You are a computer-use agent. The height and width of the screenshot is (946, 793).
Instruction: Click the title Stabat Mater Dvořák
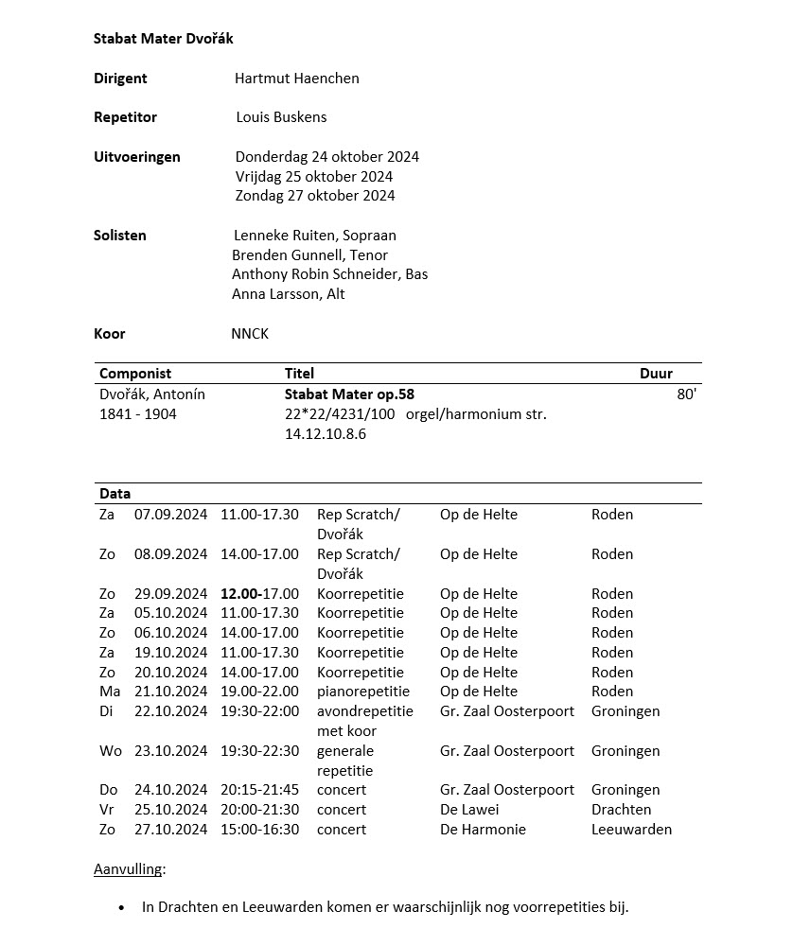[x=163, y=39]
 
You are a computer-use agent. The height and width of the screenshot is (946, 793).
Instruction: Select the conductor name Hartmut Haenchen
[x=296, y=79]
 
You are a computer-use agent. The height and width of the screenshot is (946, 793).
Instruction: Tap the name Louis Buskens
[x=281, y=117]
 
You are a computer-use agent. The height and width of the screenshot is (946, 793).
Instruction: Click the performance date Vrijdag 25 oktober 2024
[x=314, y=176]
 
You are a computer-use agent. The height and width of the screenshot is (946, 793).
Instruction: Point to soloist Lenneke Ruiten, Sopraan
[x=314, y=235]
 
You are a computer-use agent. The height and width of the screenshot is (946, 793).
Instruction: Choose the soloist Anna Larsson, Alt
[x=288, y=293]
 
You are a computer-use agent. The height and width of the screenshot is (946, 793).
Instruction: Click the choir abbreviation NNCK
[x=250, y=333]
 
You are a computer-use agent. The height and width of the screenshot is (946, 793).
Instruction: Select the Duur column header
[x=656, y=374]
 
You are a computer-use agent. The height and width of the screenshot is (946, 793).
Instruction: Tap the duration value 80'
[x=686, y=394]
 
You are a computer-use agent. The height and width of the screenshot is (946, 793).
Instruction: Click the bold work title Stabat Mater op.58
[x=349, y=394]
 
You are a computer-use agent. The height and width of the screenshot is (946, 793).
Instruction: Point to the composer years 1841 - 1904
[x=137, y=414]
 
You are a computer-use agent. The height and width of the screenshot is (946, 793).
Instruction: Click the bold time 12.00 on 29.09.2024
[x=238, y=594]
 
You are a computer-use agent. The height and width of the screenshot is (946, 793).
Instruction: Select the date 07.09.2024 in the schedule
[x=170, y=515]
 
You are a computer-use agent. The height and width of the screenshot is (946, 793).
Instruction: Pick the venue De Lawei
[x=469, y=810]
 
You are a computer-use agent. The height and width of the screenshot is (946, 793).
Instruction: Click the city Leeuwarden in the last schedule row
[x=631, y=830]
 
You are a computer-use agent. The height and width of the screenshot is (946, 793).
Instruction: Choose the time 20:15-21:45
[x=258, y=790]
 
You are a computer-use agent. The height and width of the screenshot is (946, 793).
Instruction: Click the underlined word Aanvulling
[x=129, y=868]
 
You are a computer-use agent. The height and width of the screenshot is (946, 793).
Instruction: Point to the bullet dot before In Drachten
[x=121, y=908]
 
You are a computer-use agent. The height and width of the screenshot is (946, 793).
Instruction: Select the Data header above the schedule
[x=115, y=494]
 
